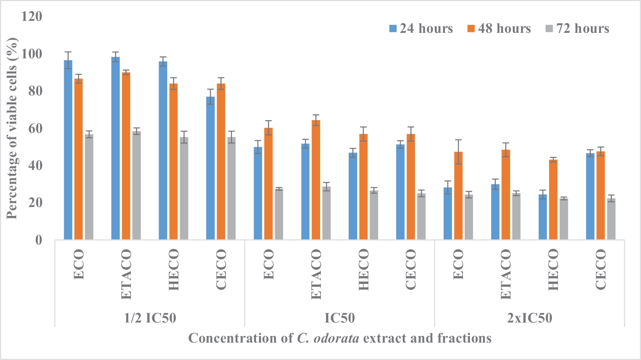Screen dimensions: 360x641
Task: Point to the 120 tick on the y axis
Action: click(x=32, y=17)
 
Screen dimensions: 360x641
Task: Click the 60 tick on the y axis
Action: click(x=35, y=128)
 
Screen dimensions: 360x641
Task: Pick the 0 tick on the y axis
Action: click(x=39, y=240)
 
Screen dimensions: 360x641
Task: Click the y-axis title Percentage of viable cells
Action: click(x=12, y=128)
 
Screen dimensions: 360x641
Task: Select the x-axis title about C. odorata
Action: click(x=340, y=338)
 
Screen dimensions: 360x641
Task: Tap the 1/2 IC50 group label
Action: click(x=150, y=318)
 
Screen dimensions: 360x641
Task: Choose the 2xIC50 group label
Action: click(x=529, y=318)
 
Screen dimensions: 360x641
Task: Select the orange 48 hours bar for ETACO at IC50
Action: click(x=316, y=180)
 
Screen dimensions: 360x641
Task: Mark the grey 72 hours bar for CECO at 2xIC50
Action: click(x=611, y=219)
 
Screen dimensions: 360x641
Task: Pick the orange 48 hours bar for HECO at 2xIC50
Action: click(x=553, y=200)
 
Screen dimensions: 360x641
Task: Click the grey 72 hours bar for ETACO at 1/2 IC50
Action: click(x=137, y=185)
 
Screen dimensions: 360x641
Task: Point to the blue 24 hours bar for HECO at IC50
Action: click(x=353, y=196)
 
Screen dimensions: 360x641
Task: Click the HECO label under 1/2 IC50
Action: click(x=174, y=269)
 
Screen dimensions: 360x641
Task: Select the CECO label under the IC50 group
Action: click(x=411, y=269)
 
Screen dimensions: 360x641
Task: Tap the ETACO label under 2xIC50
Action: click(x=505, y=274)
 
